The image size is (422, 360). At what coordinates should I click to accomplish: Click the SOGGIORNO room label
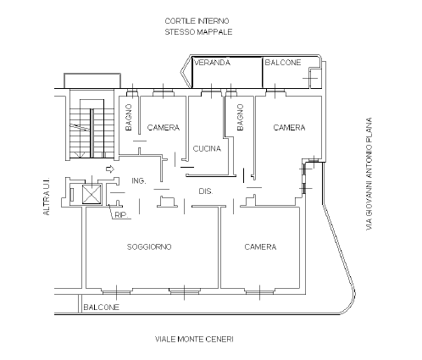pos(149,246)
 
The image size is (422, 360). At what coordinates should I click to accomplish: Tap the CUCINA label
pos(207,148)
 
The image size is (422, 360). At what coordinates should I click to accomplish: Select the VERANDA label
pos(212,63)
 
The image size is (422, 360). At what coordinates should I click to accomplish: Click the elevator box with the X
pos(92,194)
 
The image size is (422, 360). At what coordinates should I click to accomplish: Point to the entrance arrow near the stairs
pos(110,169)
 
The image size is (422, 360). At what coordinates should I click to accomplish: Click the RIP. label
pos(121,215)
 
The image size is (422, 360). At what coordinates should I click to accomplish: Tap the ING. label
pos(139,180)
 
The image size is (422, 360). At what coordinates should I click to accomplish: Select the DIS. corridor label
pos(206,191)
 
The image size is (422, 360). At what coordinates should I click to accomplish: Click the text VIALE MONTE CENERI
pos(194,339)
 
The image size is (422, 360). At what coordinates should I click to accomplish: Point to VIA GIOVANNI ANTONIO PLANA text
pos(369,174)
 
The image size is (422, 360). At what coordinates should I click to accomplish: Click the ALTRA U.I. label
pos(47,197)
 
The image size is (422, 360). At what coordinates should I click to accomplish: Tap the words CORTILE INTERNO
pos(197,21)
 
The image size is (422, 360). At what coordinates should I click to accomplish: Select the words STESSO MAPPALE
pos(198,31)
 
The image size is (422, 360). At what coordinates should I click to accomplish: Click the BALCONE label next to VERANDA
pos(283,63)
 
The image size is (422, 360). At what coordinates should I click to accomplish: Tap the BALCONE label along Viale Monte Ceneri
pos(101,307)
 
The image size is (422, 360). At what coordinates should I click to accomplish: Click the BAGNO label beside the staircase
pos(129,118)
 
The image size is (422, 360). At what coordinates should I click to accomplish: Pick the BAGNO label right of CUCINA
pos(240,118)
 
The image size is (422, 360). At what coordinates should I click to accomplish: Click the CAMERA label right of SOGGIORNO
pos(260,246)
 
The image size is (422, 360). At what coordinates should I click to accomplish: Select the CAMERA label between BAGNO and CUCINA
pos(164,127)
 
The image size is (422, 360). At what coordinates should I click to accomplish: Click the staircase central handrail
pos(92,133)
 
